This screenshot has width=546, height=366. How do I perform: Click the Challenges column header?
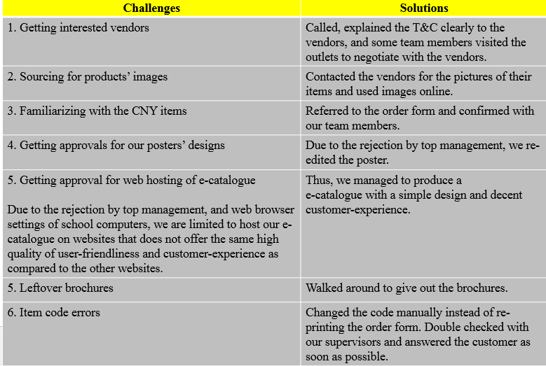click(151, 8)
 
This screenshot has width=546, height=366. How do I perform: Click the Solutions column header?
click(423, 8)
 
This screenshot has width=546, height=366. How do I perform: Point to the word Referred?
click(327, 111)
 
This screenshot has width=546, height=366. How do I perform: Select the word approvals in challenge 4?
click(83, 146)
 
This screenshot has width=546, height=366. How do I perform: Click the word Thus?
click(318, 180)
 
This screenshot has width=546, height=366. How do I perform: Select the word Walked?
click(324, 288)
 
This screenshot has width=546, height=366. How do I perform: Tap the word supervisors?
click(355, 342)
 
